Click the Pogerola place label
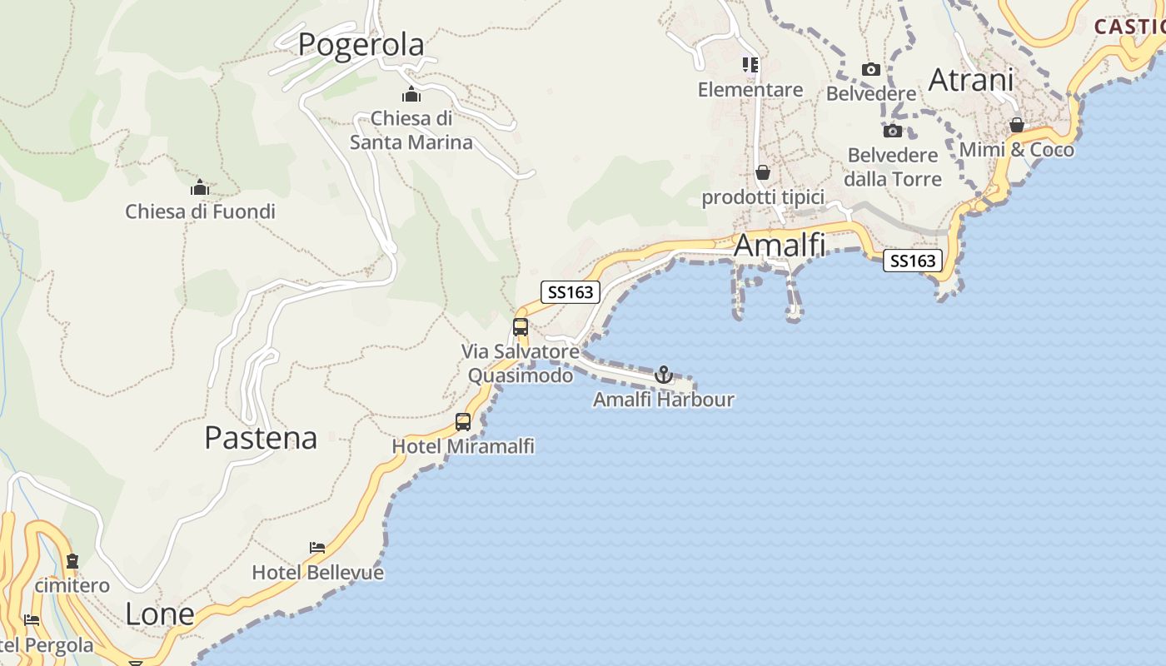361,44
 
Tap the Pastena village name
261,438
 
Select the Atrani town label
970,80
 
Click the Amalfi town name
780,246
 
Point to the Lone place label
159,614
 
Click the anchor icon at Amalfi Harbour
664,375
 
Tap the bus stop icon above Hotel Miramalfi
463,422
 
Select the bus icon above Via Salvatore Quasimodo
521,326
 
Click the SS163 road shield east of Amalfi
913,261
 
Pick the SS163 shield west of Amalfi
571,292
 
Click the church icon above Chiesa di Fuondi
200,187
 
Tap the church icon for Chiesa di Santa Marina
411,94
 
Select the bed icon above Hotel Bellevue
317,548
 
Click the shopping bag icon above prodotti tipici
762,172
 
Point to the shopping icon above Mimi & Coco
1016,125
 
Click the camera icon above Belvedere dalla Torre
892,131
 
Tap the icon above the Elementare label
750,64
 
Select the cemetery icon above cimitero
72,561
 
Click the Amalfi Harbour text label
664,400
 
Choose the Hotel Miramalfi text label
463,446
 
